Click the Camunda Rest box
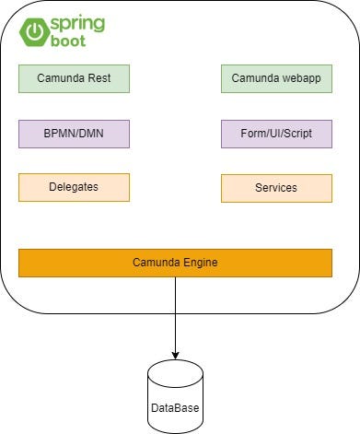coord(74,78)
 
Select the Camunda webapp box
coord(276,78)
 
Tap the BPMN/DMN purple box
coord(74,134)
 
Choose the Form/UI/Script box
coord(276,134)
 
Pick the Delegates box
coord(74,187)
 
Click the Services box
coord(276,188)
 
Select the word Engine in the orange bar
coord(198,263)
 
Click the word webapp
coord(299,78)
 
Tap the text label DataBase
coord(175,406)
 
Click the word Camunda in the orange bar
coord(155,263)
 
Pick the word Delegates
coord(74,187)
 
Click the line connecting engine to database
coord(175,313)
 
